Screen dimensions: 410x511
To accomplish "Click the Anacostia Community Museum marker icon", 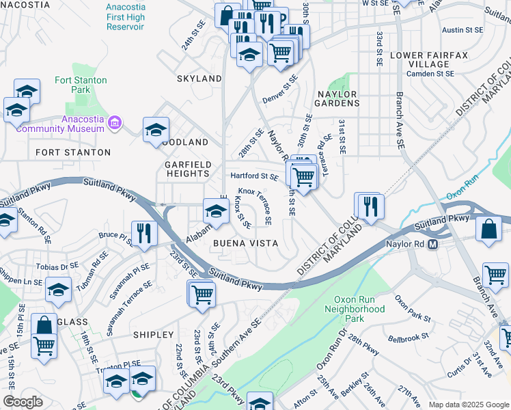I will pos(115,124).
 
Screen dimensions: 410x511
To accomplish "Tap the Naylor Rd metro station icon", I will pos(432,245).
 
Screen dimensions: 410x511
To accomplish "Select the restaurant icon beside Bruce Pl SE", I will pos(144,234).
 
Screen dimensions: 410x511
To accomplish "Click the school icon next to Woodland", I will pos(156,130).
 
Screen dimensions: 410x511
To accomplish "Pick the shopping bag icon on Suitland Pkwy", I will pos(491,230).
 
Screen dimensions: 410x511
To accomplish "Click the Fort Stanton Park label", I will pos(81,85).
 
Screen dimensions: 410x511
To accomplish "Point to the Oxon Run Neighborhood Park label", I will pos(359,309).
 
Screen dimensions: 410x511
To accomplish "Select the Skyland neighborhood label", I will pos(199,79).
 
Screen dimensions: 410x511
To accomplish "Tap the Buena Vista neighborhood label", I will pos(245,243).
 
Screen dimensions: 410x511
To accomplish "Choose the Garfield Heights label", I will pos(187,169).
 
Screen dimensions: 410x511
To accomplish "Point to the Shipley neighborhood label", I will pos(153,334).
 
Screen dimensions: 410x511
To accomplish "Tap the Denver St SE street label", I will pos(280,89).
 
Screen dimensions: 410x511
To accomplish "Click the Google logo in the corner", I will pos(23,402).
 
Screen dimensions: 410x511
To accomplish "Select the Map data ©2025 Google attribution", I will pos(468,405).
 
